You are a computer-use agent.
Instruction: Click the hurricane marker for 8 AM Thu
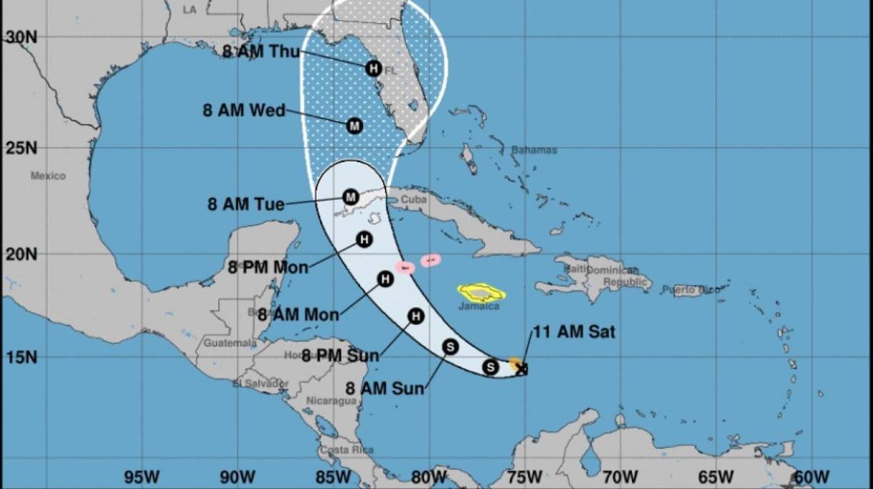tap(373, 69)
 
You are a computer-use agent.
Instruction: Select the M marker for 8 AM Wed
tap(354, 126)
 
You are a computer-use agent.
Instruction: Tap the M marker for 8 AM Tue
tap(350, 197)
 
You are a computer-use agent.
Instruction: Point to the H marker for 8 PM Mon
tap(364, 239)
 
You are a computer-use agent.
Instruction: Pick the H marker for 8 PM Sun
tap(416, 316)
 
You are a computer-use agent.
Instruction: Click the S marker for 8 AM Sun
tap(450, 346)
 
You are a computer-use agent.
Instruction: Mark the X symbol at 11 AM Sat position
tap(522, 368)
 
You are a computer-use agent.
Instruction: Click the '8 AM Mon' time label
tap(297, 314)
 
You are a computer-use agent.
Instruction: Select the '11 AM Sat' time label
tap(573, 332)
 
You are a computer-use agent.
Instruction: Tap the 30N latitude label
tap(21, 37)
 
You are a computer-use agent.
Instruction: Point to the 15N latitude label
tap(21, 357)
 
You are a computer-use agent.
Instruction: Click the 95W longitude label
tap(141, 476)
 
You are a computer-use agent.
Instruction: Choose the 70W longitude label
tap(620, 476)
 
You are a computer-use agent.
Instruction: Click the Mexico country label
tap(48, 176)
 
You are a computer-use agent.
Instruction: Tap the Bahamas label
tap(534, 150)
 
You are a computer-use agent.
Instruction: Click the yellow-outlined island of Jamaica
tap(481, 291)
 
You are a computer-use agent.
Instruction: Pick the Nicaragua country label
tap(331, 401)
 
